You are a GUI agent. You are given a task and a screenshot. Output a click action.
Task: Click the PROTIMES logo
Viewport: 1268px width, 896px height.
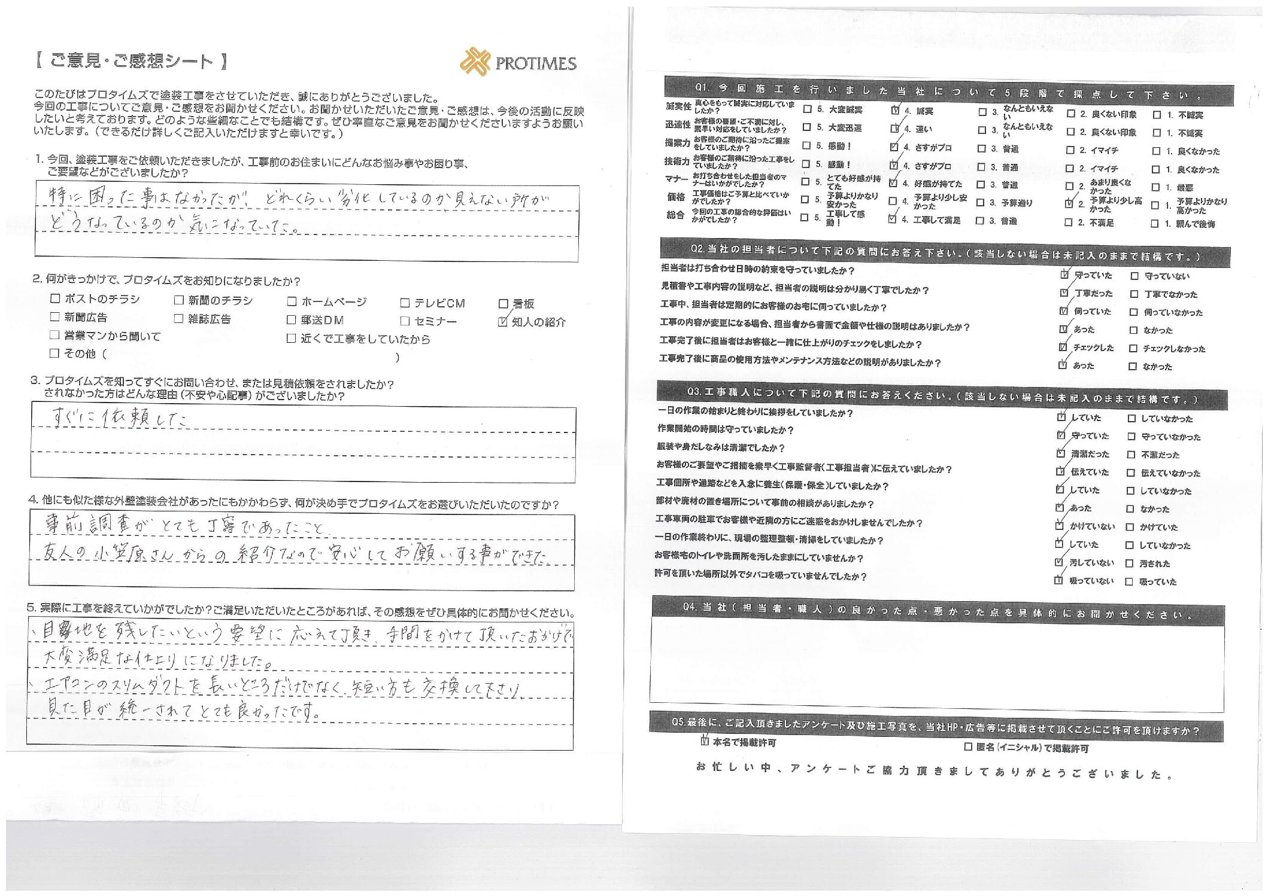point(518,62)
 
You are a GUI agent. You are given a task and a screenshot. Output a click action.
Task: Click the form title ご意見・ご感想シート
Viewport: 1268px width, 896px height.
point(131,61)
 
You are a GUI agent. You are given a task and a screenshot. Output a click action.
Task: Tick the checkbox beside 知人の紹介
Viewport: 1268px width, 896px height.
point(503,322)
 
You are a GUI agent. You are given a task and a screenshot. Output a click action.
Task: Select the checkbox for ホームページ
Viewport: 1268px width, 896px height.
point(292,302)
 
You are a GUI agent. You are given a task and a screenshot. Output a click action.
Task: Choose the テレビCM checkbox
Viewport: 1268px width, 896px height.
point(405,303)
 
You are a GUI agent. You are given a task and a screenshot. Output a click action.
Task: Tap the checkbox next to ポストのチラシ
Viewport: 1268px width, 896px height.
point(55,298)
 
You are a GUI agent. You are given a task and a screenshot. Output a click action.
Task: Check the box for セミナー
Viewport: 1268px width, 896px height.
point(405,321)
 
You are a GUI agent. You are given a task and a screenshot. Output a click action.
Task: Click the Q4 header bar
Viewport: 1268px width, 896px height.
point(937,611)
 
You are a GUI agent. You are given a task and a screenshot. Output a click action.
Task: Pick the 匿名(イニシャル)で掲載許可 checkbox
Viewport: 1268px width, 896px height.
point(968,747)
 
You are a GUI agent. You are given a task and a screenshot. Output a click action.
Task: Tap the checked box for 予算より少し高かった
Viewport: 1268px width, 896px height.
point(1070,203)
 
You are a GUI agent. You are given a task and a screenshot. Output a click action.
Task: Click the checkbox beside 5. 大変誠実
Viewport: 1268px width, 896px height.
point(807,109)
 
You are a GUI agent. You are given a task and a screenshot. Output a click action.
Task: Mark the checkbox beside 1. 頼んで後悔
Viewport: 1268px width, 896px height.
point(1155,224)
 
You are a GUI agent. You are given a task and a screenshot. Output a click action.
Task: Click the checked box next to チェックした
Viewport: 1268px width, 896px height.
point(1063,347)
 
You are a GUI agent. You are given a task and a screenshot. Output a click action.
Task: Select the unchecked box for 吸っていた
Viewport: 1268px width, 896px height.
point(1129,581)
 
